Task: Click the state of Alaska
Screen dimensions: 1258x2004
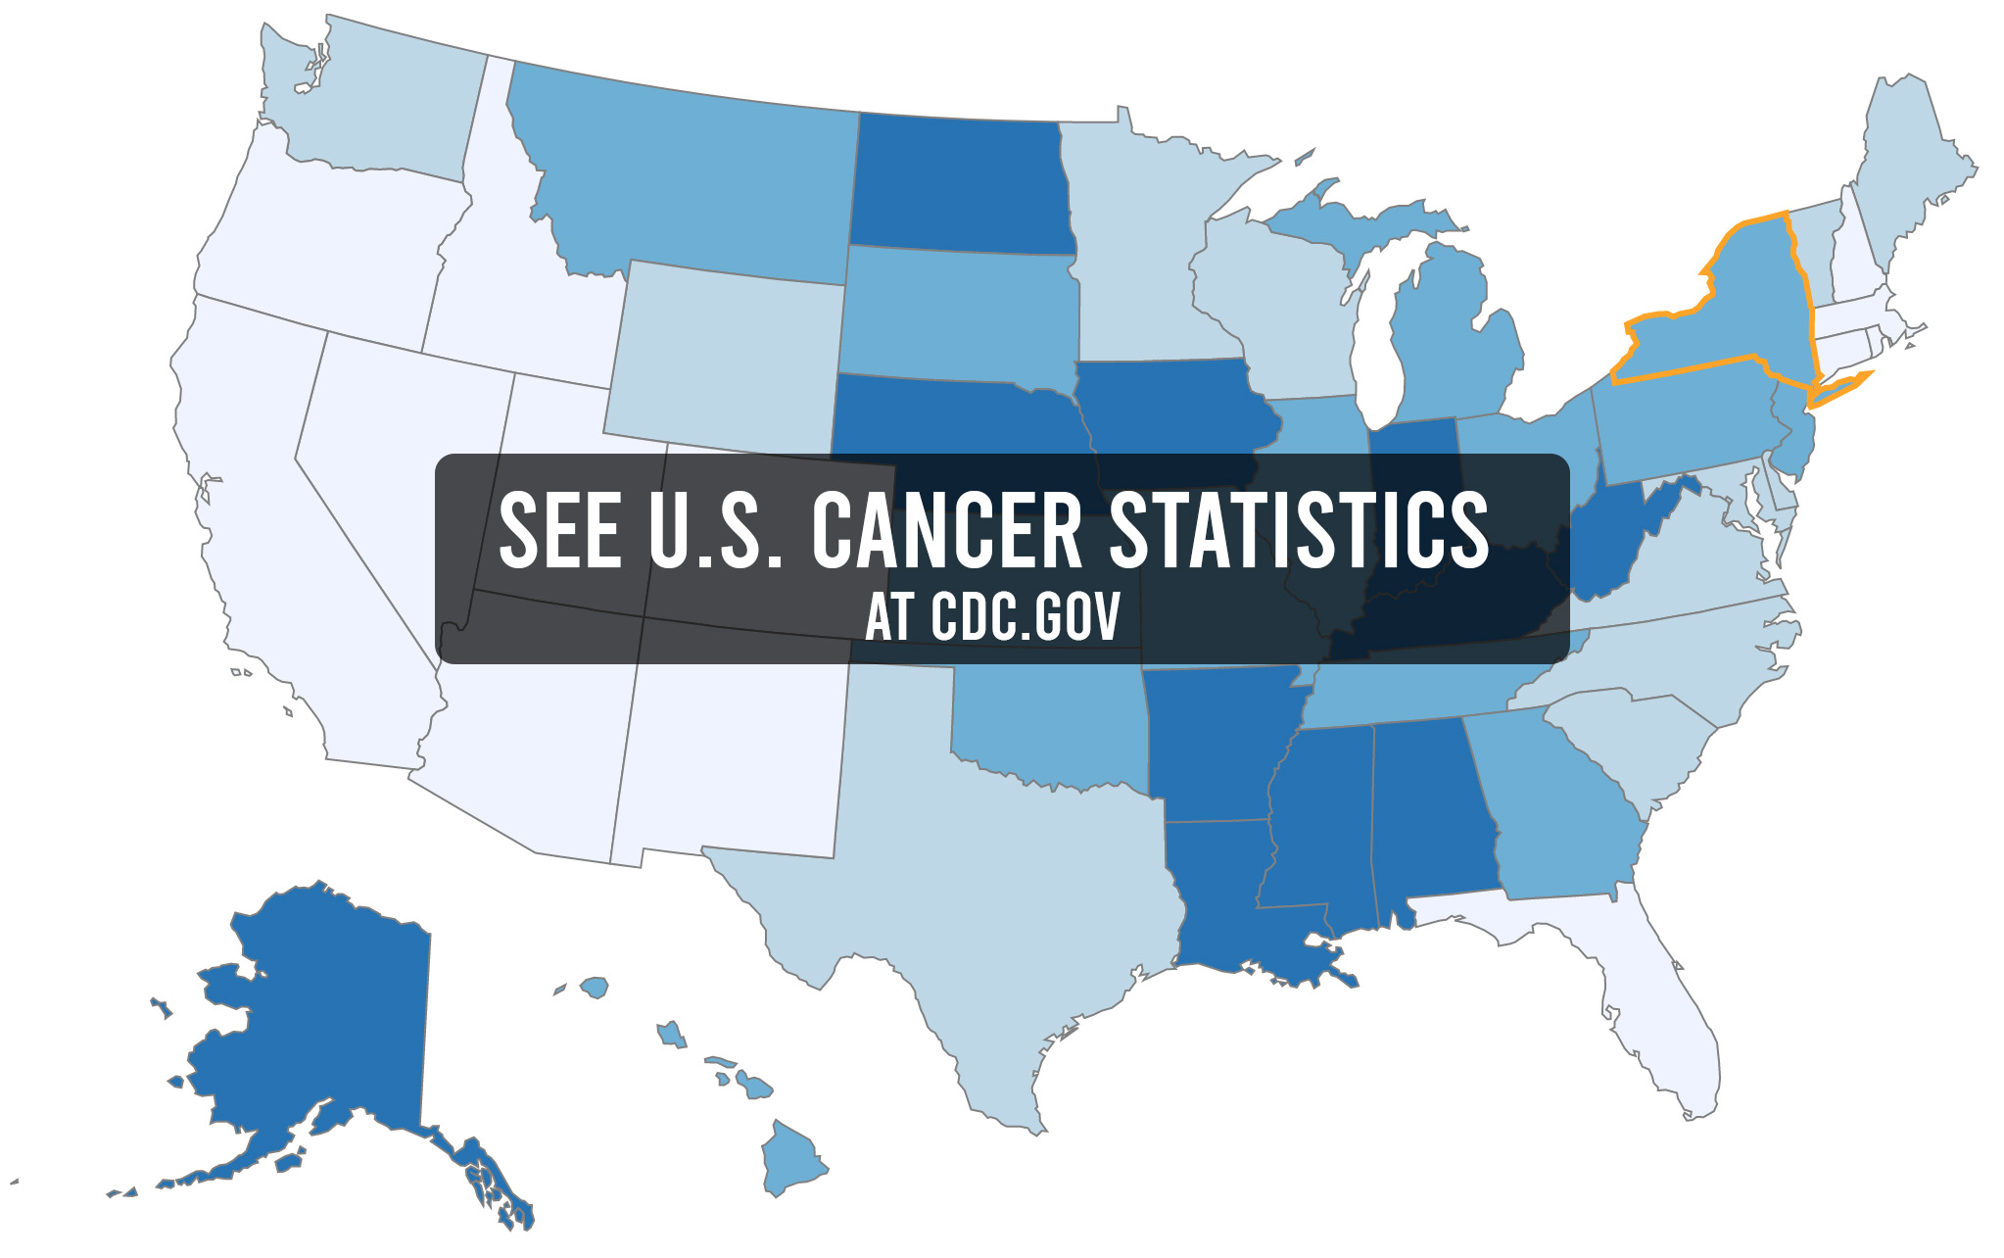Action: click(323, 1019)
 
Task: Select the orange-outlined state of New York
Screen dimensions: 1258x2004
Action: click(1743, 314)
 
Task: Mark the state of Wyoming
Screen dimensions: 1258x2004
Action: click(725, 353)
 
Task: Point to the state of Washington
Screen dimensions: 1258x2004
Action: click(392, 108)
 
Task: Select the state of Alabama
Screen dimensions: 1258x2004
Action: click(1430, 813)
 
